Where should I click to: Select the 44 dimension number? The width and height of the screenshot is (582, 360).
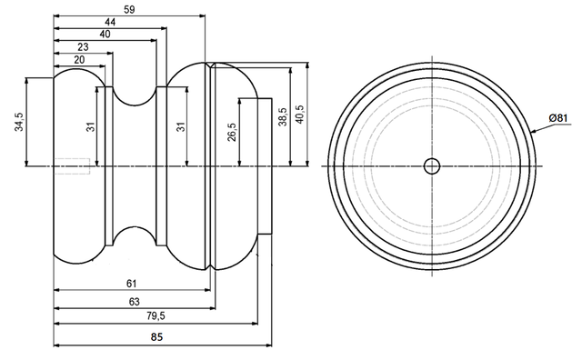tap(110, 21)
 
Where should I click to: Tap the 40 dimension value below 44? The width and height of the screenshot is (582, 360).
tap(105, 34)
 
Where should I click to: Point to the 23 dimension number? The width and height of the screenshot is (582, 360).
tap(83, 46)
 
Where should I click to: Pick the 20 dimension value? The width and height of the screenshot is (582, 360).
tap(79, 59)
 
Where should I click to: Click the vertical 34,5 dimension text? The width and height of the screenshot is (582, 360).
tap(19, 122)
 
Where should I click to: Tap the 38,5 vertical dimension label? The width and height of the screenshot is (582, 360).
tap(283, 117)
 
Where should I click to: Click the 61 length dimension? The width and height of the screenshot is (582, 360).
tap(131, 284)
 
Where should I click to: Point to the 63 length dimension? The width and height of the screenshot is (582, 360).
tap(133, 301)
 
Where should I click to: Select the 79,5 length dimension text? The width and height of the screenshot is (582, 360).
tap(155, 316)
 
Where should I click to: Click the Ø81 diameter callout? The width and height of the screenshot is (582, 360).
tap(558, 118)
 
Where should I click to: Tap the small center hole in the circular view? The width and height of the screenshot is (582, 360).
tap(431, 165)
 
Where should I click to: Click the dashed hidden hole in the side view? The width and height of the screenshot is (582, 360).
tap(72, 165)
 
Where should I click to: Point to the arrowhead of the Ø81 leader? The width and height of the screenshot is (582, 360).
tap(533, 133)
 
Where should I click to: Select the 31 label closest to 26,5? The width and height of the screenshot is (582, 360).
tap(180, 126)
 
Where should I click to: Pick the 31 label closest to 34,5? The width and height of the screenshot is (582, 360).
tap(91, 126)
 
